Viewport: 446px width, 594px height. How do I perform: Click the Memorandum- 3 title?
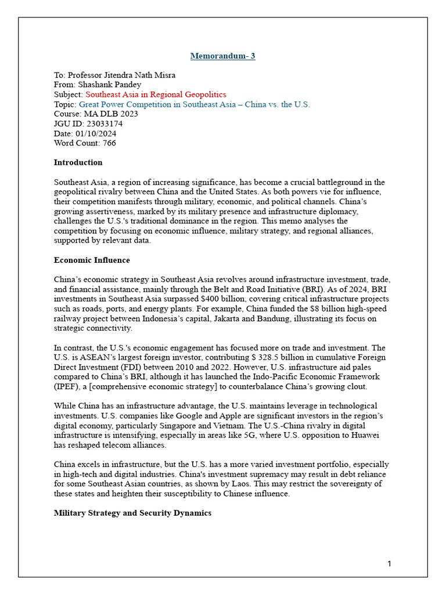pyautogui.click(x=223, y=56)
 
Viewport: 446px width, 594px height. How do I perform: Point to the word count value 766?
pyautogui.click(x=109, y=143)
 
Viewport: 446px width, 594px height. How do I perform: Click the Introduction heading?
pyautogui.click(x=78, y=162)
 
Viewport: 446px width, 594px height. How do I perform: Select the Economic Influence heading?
pyautogui.click(x=92, y=260)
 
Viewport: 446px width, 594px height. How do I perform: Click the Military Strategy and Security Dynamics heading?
pyautogui.click(x=132, y=513)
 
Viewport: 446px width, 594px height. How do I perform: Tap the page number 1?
pyautogui.click(x=390, y=564)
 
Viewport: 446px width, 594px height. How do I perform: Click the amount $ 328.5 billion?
pyautogui.click(x=261, y=357)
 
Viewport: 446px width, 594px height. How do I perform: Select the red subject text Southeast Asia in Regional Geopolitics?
pyautogui.click(x=156, y=95)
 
